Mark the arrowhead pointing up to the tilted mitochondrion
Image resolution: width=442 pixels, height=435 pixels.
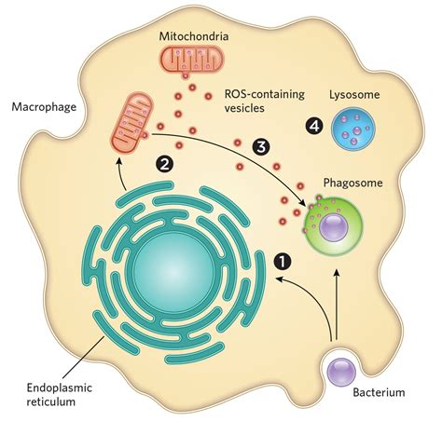point(120,163)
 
